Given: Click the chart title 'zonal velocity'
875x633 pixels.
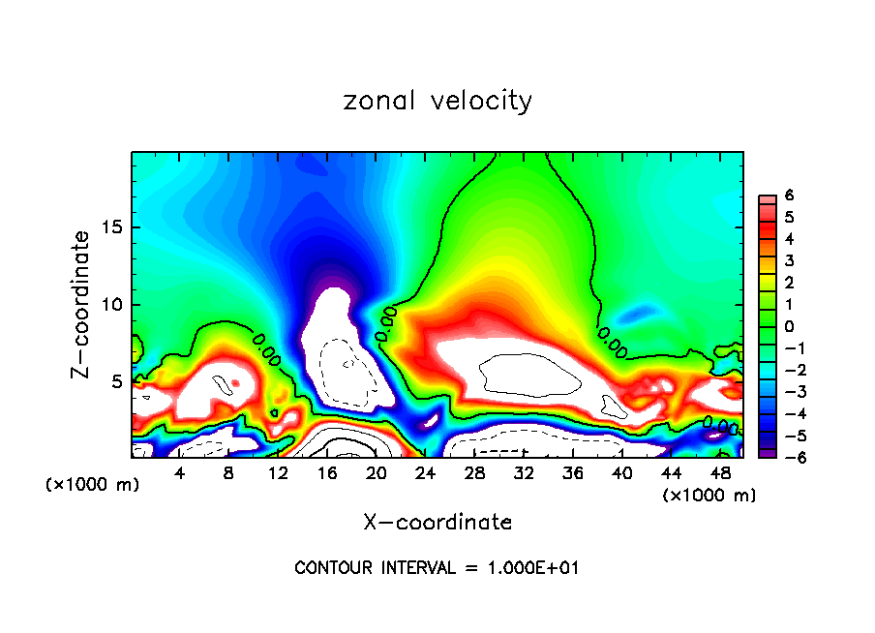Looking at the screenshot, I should (x=437, y=101).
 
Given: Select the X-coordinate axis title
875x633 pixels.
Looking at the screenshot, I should (x=437, y=523).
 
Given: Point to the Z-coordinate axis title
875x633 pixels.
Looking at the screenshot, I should (x=84, y=304).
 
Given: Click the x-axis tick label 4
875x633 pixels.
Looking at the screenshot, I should (x=180, y=473).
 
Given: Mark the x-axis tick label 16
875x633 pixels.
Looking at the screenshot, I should (x=327, y=473).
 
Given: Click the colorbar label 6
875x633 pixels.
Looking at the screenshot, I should (x=789, y=196).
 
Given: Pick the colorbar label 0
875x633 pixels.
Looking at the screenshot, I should (x=789, y=326).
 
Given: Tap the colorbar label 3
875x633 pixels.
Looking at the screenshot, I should (x=789, y=260).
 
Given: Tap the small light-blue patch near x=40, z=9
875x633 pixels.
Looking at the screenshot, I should (x=635, y=314).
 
